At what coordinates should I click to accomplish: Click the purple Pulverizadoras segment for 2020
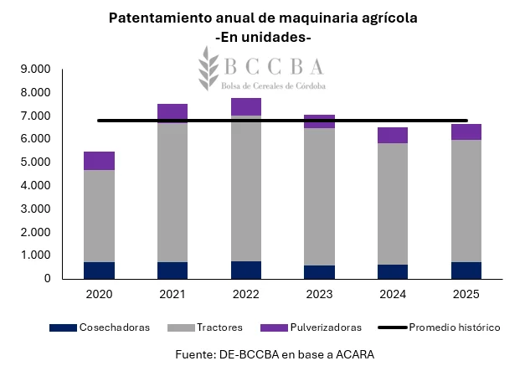pyautogui.click(x=99, y=161)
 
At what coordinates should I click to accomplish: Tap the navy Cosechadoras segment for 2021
pyautogui.click(x=172, y=270)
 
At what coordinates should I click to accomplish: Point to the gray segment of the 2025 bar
pyautogui.click(x=466, y=201)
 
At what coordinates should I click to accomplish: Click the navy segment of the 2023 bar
pyautogui.click(x=319, y=271)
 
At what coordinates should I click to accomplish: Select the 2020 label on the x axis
pyautogui.click(x=99, y=296)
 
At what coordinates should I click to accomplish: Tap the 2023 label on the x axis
pyautogui.click(x=319, y=296)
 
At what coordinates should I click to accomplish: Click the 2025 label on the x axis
pyautogui.click(x=466, y=296)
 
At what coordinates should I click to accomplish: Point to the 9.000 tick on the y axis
pyautogui.click(x=34, y=70)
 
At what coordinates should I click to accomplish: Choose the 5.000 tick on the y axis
pyautogui.click(x=34, y=162)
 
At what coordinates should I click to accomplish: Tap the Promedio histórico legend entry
pyautogui.click(x=454, y=327)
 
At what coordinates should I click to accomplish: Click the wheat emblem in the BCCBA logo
pyautogui.click(x=206, y=69)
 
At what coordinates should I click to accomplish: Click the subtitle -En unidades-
pyautogui.click(x=262, y=38)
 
